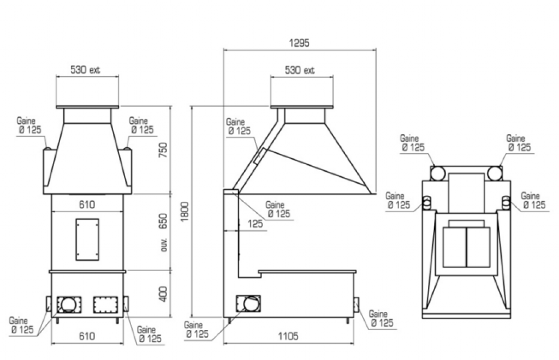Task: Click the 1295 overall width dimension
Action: (x=299, y=43)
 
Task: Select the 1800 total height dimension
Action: (x=185, y=212)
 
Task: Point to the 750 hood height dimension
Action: (x=163, y=150)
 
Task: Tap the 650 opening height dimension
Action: (x=163, y=221)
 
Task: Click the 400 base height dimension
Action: (x=163, y=294)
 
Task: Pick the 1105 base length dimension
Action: (x=288, y=336)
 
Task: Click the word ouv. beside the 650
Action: (x=164, y=244)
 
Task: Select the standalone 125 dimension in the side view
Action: (x=255, y=224)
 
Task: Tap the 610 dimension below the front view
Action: (x=87, y=336)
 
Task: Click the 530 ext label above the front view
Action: (x=85, y=69)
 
